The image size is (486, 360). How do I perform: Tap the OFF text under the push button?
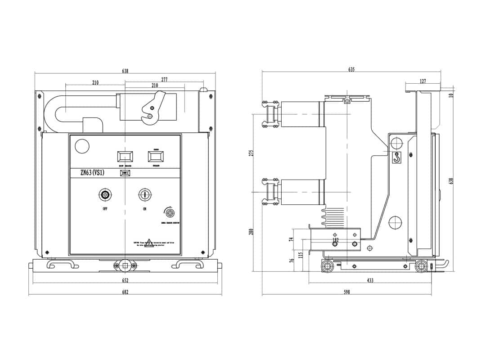(105, 209)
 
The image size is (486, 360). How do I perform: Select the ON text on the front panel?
(144, 209)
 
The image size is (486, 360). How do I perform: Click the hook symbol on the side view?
(396, 157)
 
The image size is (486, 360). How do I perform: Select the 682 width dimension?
(125, 292)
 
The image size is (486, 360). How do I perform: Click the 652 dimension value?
(125, 280)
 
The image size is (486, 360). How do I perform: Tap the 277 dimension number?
(164, 80)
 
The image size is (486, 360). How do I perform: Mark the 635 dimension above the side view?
(351, 69)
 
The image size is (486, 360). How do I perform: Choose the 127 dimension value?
(423, 81)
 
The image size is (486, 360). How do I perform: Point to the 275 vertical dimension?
(252, 153)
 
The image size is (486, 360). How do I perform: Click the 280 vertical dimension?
(252, 231)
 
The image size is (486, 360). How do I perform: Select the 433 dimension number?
(370, 280)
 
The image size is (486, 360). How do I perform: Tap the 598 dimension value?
(346, 292)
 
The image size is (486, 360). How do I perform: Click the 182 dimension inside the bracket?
(335, 240)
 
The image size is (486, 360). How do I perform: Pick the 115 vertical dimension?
(301, 255)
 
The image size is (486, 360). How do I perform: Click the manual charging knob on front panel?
(170, 212)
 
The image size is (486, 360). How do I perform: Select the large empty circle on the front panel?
(82, 146)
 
